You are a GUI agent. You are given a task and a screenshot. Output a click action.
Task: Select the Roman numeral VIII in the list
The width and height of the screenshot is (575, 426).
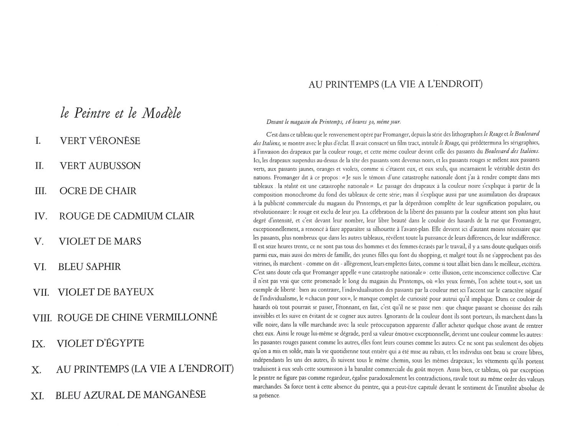(42, 318)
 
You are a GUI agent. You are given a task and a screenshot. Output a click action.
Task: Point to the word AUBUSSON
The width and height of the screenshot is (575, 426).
(115, 166)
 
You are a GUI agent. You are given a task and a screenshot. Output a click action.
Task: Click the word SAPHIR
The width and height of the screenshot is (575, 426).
(103, 267)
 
